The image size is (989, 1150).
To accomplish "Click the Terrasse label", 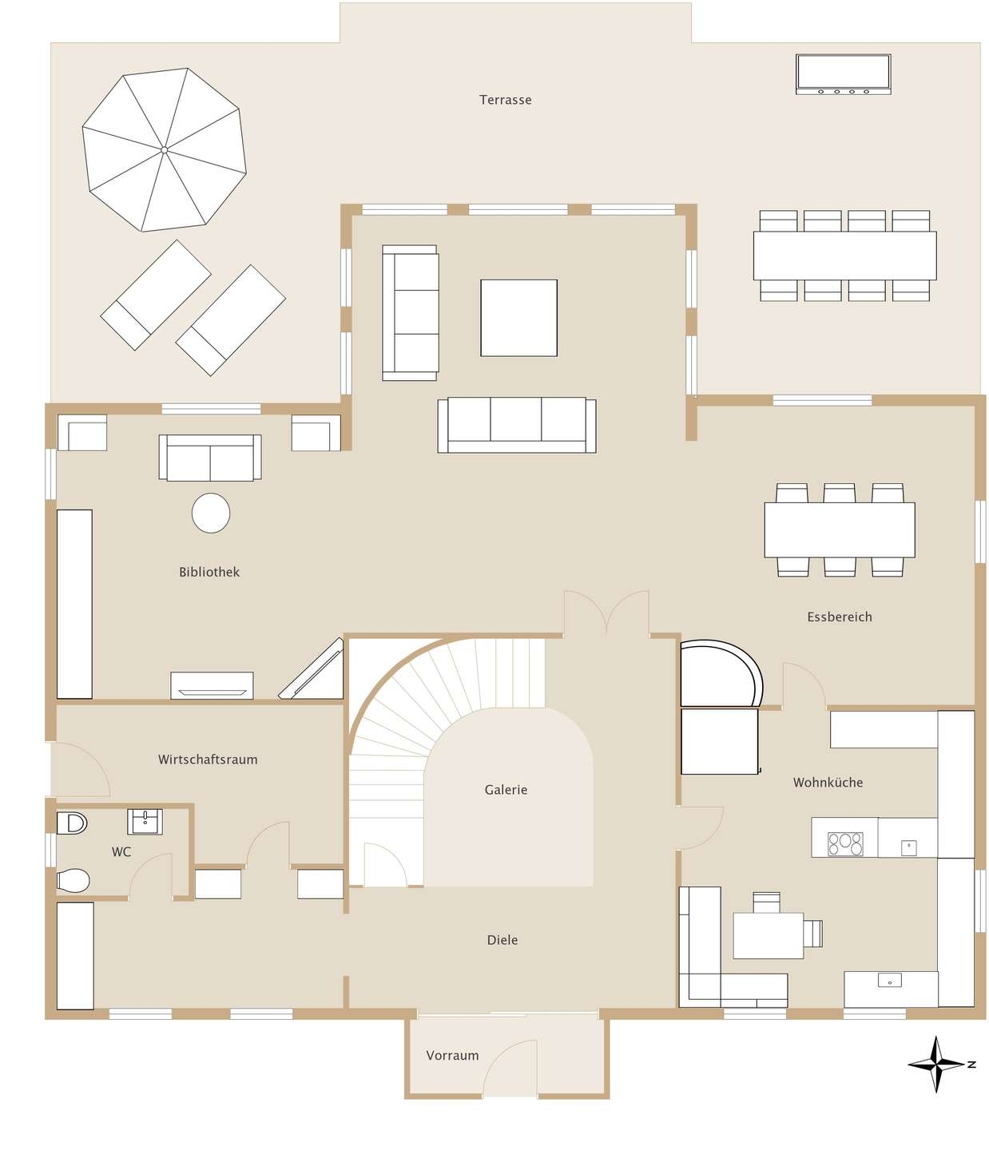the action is (505, 100).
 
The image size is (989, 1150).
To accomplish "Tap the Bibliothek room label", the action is (209, 572).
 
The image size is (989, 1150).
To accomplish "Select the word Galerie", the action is (506, 790).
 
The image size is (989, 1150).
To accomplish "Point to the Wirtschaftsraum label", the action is (208, 759).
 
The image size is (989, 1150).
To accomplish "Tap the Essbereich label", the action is (840, 617).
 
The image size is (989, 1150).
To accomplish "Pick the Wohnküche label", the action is (828, 783).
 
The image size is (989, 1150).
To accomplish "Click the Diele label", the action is (502, 940).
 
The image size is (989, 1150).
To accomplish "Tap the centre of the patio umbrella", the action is (165, 149).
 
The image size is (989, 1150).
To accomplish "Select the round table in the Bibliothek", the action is (211, 513).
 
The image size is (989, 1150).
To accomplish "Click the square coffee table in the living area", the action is (518, 318).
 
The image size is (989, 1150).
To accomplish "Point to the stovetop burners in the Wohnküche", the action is (845, 843).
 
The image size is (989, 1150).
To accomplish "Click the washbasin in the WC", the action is (145, 822).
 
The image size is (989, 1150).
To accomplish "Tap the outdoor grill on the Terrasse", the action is (843, 74).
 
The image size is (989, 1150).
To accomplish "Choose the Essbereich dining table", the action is (840, 529).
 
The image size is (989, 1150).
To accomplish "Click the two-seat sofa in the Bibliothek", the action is (210, 458).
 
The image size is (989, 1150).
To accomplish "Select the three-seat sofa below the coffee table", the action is (517, 425).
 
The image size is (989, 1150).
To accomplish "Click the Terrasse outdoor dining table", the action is (845, 256).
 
